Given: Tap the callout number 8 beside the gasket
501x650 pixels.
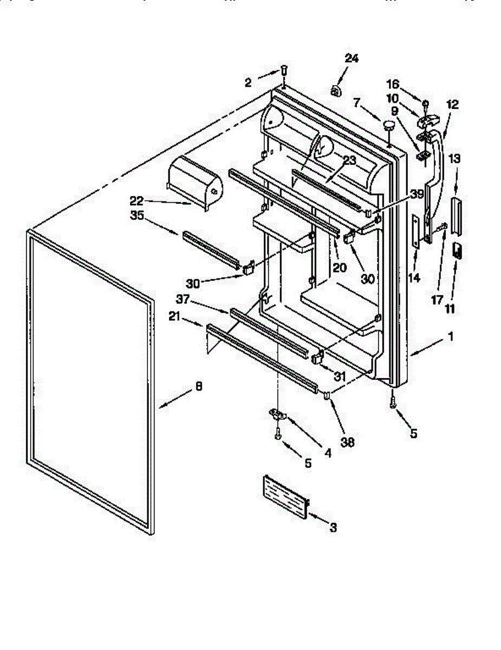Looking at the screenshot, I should click(198, 387).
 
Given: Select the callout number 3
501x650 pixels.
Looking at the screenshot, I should click(333, 527).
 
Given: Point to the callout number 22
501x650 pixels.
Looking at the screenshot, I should click(136, 200).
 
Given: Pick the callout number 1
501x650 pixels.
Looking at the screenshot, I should click(450, 336).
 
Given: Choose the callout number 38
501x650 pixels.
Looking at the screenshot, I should click(347, 442).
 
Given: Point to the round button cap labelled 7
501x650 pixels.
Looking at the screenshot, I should click(388, 126).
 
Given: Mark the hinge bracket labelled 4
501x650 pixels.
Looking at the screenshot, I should click(278, 414).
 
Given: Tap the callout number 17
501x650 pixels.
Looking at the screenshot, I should click(437, 300).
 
